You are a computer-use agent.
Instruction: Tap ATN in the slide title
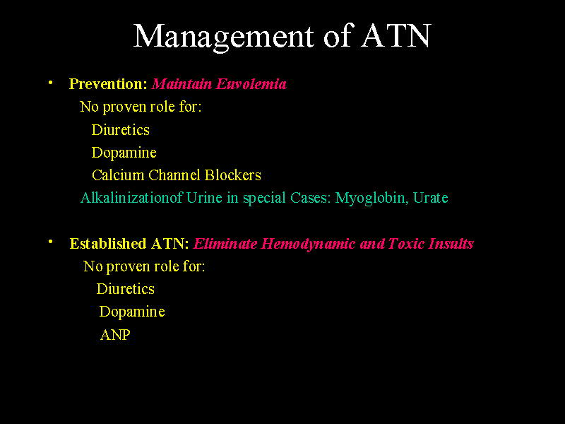click(x=395, y=36)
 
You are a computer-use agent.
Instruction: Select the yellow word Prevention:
click(x=108, y=84)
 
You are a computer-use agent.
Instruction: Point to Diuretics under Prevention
click(x=121, y=130)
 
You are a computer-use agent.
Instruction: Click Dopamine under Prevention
click(x=124, y=153)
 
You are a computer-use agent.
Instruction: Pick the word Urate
click(x=431, y=198)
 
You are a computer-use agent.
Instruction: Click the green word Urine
click(x=205, y=198)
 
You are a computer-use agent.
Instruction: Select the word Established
click(x=108, y=244)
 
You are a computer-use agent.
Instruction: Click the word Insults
click(x=450, y=244)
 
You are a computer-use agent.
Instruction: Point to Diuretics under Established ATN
click(x=126, y=289)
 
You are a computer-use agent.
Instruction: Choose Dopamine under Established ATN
click(x=132, y=312)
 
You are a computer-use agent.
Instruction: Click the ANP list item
click(x=115, y=335)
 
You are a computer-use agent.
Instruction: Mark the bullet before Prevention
click(x=51, y=83)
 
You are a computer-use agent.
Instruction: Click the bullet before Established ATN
click(x=51, y=242)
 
